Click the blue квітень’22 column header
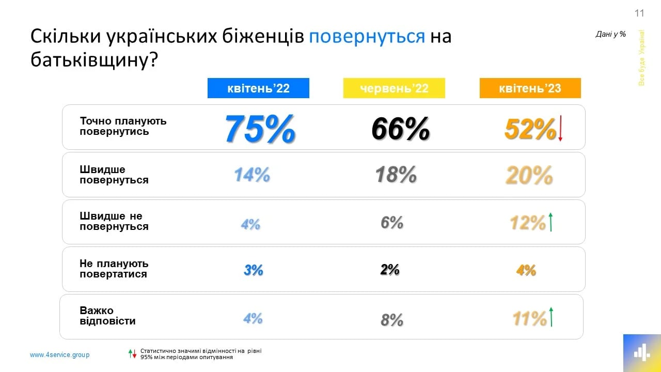pos(258,88)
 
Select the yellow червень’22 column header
pos(394,88)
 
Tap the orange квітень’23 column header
pos(530,88)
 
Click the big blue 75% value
pos(260,128)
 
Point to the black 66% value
pos(400,129)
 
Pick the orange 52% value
pos(530,129)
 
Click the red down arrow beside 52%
pos(560,129)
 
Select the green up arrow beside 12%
pos(551,222)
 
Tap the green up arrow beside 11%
pos(552,317)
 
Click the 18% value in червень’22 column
pos(396,175)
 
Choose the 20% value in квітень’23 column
pos(529,176)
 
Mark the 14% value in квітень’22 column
pos(252,175)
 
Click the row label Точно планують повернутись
pos(123,126)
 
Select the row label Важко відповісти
pos(107,316)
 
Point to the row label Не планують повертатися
pos(114,269)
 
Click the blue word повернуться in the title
pos(367,37)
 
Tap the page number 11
pos(639,13)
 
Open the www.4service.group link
pos(59,355)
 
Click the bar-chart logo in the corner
pos(641,353)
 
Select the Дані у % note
pos(610,34)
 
